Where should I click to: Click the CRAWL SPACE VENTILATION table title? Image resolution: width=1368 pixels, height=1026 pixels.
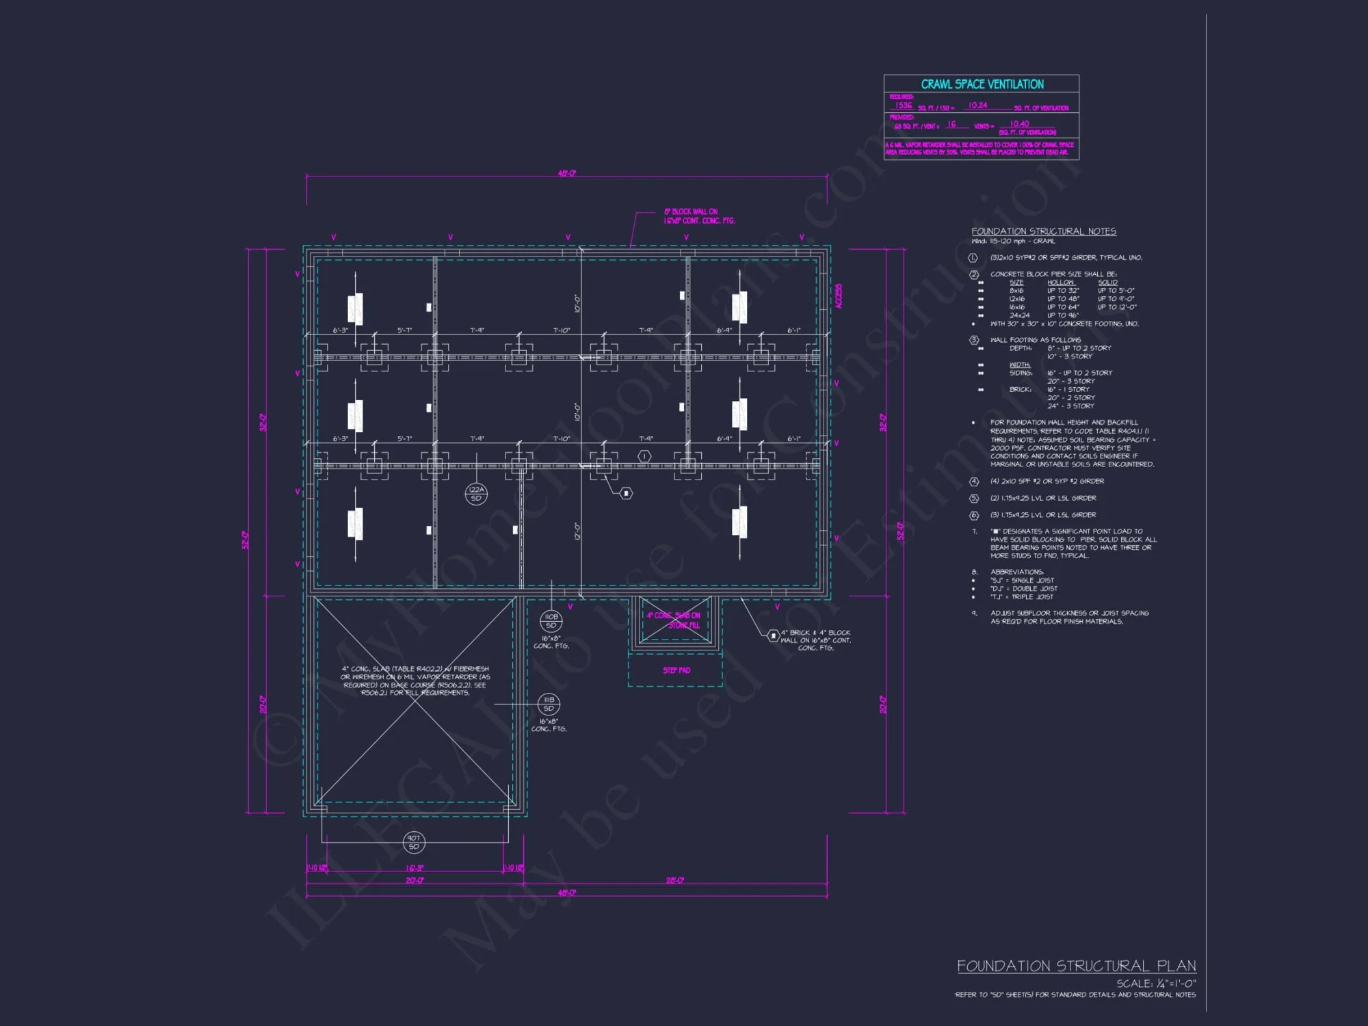click(982, 84)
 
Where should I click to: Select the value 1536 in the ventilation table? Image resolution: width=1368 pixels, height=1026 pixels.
click(904, 105)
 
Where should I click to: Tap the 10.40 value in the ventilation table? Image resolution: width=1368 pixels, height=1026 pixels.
click(1019, 124)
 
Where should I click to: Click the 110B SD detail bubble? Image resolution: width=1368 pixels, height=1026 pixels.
click(551, 621)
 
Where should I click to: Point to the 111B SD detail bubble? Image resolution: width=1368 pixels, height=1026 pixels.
click(549, 704)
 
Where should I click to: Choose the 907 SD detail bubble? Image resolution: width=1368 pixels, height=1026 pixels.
click(414, 842)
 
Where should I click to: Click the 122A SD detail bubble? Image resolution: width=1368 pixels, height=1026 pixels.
click(476, 493)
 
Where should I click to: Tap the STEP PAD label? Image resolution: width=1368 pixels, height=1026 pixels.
click(676, 670)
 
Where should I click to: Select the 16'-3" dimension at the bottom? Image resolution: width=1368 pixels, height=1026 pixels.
click(415, 868)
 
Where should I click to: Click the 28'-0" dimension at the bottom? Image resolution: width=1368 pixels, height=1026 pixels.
click(674, 880)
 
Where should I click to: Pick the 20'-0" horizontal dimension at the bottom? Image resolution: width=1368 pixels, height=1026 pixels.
click(415, 880)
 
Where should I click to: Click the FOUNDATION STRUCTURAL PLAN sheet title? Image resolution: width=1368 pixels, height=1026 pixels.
click(1076, 966)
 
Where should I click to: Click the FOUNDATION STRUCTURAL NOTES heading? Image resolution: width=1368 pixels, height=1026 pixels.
click(1043, 231)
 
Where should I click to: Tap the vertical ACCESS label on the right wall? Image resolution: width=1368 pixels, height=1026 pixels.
click(839, 296)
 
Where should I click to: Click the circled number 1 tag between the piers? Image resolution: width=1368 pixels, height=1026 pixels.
click(644, 456)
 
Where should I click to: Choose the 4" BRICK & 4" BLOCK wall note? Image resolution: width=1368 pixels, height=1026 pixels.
click(815, 640)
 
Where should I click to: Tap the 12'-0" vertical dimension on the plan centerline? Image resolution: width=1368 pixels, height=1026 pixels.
click(577, 531)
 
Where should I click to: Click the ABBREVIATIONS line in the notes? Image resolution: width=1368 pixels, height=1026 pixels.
click(1016, 572)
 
